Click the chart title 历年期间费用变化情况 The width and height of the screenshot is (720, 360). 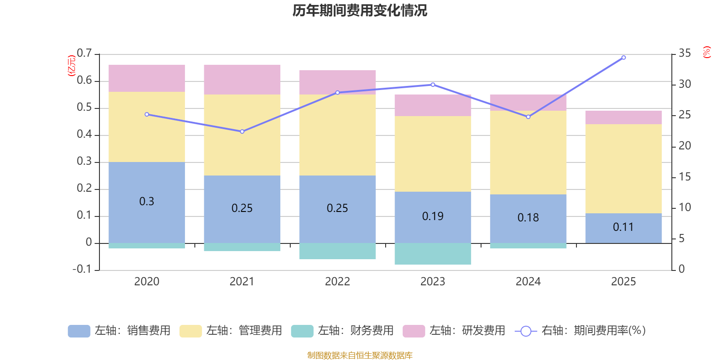[x=360, y=10]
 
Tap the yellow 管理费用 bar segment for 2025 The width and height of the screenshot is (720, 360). [x=623, y=168]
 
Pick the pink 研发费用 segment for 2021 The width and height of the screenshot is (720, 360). [x=242, y=80]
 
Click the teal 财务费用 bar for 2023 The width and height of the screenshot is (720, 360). [x=433, y=254]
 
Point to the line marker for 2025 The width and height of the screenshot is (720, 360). [x=623, y=58]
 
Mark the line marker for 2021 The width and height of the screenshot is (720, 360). [x=242, y=131]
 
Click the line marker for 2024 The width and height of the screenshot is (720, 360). [x=528, y=117]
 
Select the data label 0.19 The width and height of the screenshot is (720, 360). [x=433, y=216]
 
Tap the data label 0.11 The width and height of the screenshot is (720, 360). [x=623, y=227]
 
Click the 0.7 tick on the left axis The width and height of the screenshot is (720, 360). [x=84, y=54]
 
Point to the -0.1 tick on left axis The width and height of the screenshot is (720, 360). [x=82, y=269]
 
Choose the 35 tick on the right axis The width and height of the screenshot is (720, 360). [x=684, y=54]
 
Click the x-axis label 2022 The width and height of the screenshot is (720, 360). [x=337, y=282]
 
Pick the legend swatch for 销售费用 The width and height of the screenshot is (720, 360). [x=79, y=331]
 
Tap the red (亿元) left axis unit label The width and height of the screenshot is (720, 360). [x=71, y=66]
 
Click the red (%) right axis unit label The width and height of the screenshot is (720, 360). [x=707, y=52]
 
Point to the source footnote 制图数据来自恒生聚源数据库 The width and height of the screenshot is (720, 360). [x=360, y=355]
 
